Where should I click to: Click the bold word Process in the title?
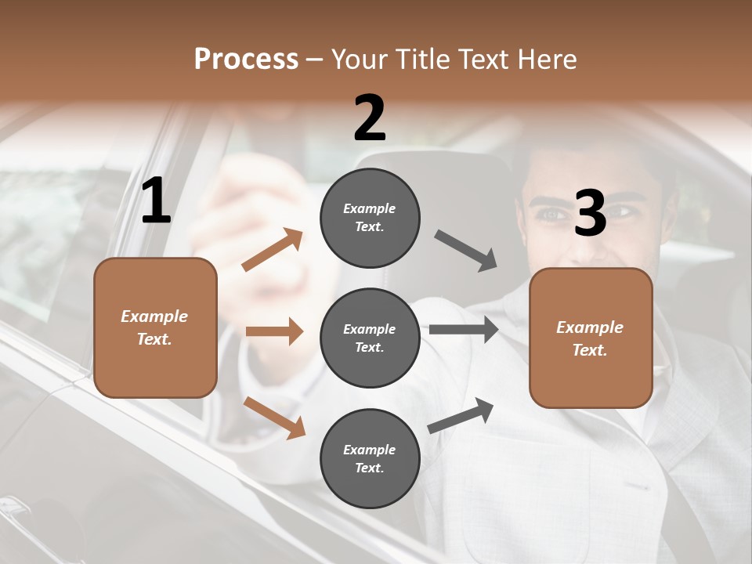tap(246, 60)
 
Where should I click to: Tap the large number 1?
tap(156, 201)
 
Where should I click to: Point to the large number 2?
tap(370, 118)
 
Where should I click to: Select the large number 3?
tap(590, 213)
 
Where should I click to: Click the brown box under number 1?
tap(155, 327)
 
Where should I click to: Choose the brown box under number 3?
tap(591, 338)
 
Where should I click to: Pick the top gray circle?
tap(370, 218)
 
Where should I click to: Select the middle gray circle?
tap(370, 338)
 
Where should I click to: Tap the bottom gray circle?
tap(370, 459)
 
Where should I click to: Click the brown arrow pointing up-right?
tap(273, 250)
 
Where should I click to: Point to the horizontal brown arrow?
tap(274, 331)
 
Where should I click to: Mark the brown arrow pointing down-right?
tap(274, 417)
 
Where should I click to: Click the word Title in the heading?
tap(424, 60)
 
